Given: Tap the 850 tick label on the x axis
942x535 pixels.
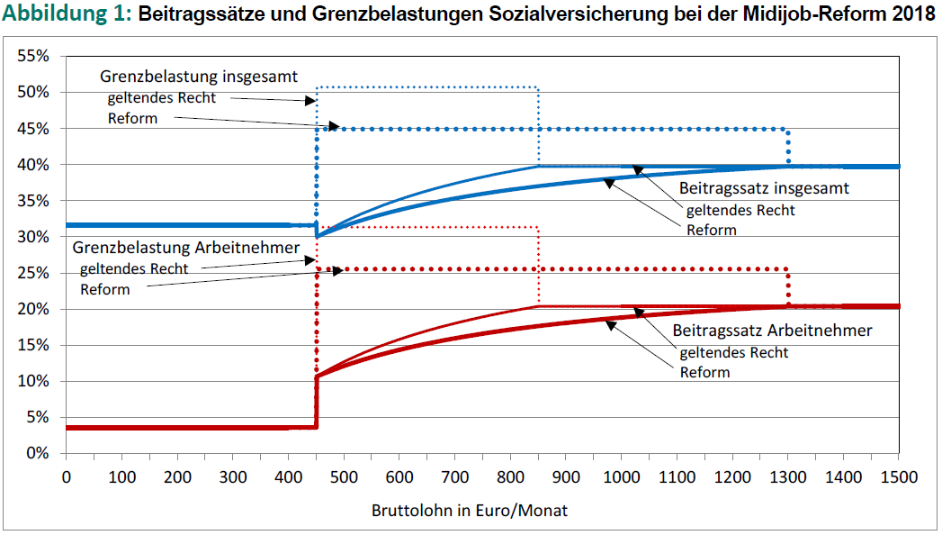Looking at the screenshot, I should coord(538,476).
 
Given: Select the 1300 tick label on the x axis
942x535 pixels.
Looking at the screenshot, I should coord(787,476).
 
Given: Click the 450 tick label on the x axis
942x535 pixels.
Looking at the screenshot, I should coord(316,476).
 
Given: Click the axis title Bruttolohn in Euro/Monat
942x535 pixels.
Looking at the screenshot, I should coord(470,510).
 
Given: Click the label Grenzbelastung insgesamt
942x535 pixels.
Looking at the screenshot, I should coord(198,77).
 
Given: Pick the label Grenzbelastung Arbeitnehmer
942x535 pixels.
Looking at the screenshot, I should coord(186,247).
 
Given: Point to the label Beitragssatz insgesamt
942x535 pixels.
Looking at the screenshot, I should coord(764,189).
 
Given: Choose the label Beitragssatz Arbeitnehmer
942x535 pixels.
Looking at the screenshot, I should coord(772,331).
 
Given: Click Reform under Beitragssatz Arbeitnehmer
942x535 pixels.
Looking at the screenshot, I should coord(704,372).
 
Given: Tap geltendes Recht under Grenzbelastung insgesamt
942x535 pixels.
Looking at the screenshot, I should coord(162,97).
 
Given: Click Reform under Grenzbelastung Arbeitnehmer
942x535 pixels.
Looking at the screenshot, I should coord(105,289).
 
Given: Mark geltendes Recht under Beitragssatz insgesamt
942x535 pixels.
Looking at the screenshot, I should coord(740,210).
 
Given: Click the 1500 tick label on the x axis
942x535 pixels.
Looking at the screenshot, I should coord(898,476).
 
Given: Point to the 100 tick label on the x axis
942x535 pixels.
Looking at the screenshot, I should coord(121,476).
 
